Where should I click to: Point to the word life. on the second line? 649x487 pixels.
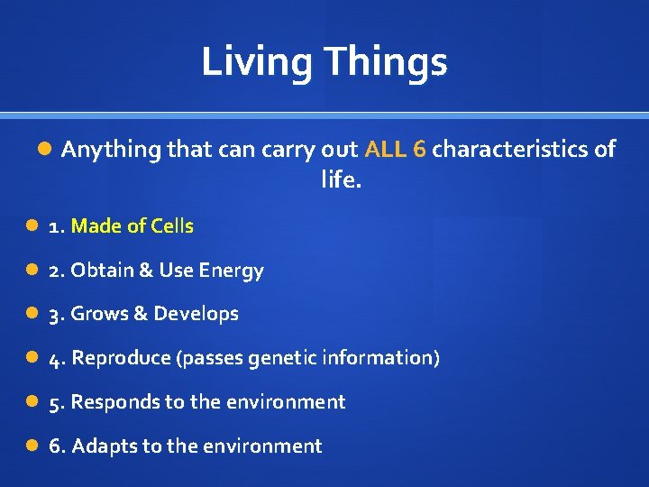(341, 180)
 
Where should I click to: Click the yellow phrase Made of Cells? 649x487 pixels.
(132, 226)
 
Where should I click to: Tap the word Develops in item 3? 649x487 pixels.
(196, 314)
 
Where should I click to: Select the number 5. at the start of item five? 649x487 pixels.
(57, 402)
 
